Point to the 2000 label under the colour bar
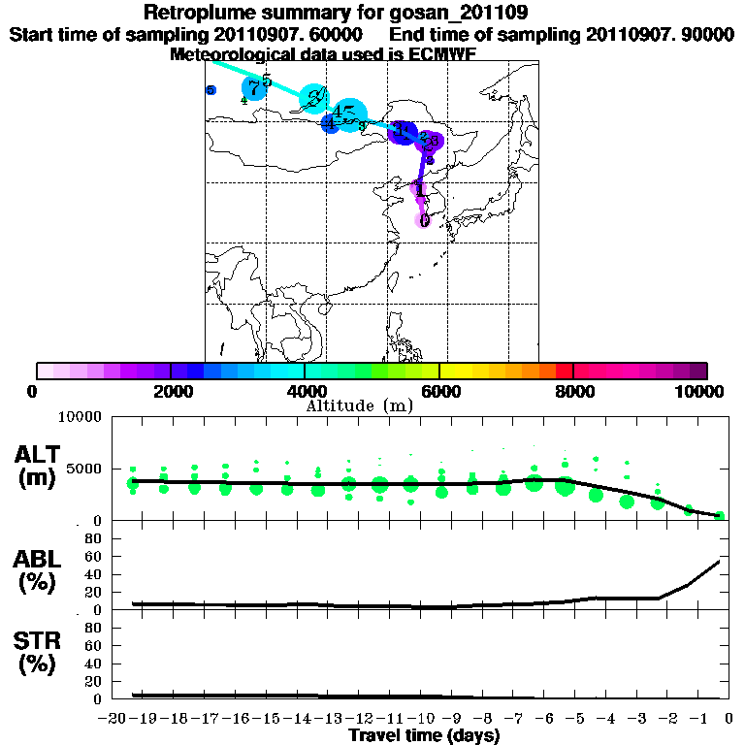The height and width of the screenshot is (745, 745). (170, 392)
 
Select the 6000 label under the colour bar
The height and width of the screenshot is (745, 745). (439, 392)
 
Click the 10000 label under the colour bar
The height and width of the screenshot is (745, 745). (699, 392)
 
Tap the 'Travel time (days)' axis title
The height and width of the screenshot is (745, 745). (424, 736)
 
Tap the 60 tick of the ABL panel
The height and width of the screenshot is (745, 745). (94, 557)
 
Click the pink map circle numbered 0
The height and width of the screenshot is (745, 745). (424, 220)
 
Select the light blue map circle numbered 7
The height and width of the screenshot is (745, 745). (254, 88)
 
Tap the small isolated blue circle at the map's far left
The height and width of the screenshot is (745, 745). (211, 90)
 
